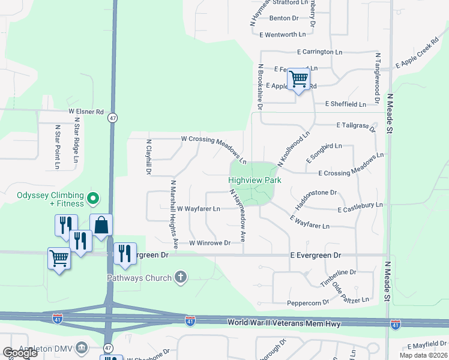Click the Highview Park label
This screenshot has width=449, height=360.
[x=255, y=180]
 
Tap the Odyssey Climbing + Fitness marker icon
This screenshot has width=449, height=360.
[x=92, y=197]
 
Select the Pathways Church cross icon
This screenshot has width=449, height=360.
[x=180, y=277]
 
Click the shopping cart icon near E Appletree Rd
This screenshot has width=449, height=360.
[x=298, y=79]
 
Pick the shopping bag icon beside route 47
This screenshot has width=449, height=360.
[x=101, y=226]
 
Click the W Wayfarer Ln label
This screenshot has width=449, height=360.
[x=199, y=209]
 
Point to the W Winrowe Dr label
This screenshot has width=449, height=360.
[x=210, y=243]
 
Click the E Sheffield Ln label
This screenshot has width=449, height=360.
[x=345, y=104]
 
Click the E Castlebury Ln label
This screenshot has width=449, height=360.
[x=360, y=208]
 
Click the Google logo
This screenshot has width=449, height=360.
[x=20, y=353]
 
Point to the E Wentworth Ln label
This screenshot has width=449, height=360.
[x=287, y=35]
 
